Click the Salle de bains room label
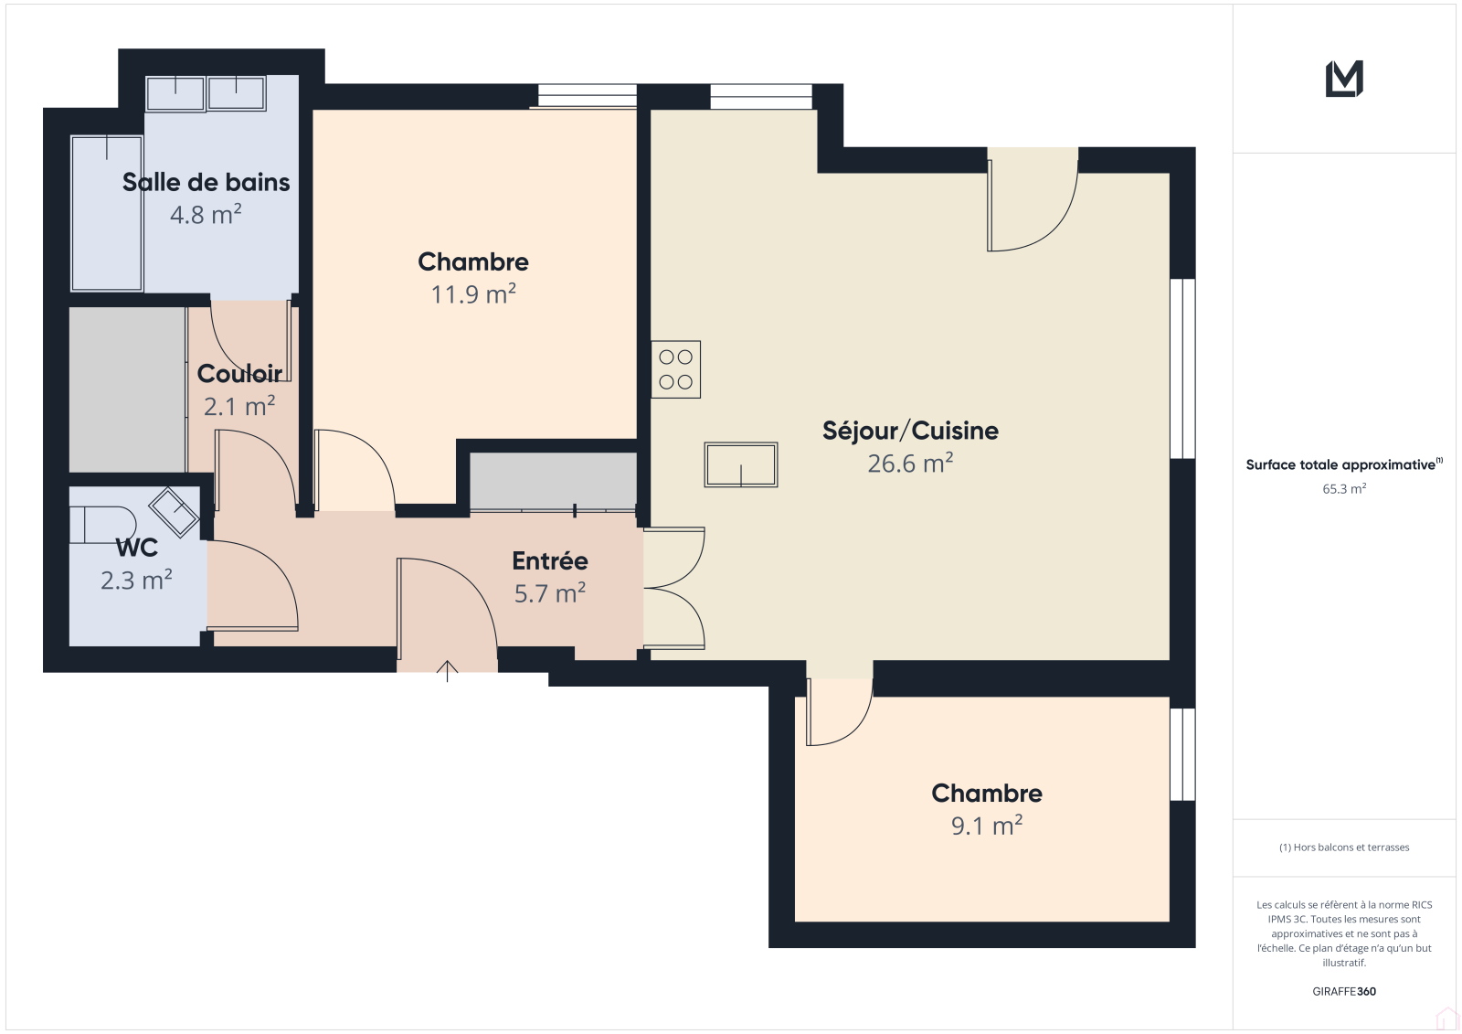click(206, 182)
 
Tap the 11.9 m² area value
click(473, 294)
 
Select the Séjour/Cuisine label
click(910, 432)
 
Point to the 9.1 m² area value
click(986, 826)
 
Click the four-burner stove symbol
click(675, 369)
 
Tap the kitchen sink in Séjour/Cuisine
click(741, 464)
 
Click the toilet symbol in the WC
click(102, 525)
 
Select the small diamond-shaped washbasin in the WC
click(174, 512)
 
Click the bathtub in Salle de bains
click(106, 213)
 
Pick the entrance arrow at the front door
click(447, 671)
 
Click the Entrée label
click(549, 560)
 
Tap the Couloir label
click(239, 374)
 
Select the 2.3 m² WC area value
click(136, 580)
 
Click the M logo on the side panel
click(1344, 79)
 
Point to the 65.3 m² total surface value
click(1344, 488)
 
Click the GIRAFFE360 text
click(1344, 991)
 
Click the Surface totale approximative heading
click(1340, 464)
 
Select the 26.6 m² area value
click(910, 464)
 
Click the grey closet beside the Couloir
click(127, 389)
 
